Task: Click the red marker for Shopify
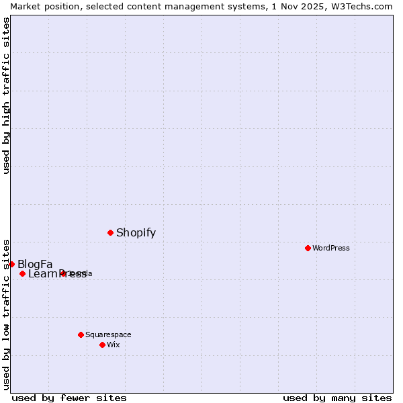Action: (110, 232)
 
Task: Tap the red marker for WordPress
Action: (308, 248)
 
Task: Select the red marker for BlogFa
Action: (11, 264)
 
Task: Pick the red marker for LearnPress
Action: (22, 273)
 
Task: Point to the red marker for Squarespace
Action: (81, 334)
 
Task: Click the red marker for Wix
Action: (102, 345)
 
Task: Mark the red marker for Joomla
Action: (63, 273)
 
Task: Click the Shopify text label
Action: (136, 233)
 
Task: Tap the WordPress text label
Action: (331, 248)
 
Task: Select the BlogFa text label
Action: (35, 264)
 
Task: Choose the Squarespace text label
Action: (108, 334)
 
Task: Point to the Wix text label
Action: (113, 345)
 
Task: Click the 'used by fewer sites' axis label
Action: (69, 398)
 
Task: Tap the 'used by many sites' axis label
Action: (337, 398)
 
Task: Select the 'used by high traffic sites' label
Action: (6, 95)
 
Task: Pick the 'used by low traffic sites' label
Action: (6, 314)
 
